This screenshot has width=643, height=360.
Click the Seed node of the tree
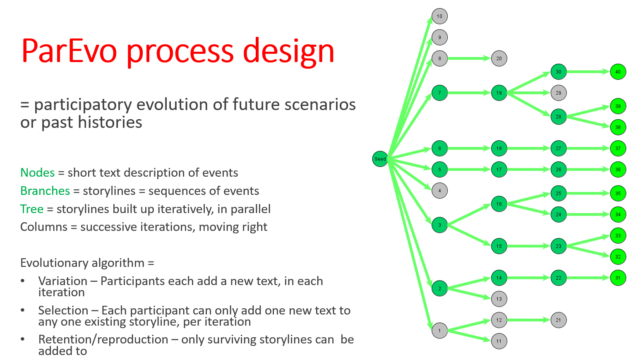(x=380, y=159)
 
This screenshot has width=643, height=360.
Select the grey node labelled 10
(x=439, y=17)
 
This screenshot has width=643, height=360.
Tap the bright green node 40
(x=618, y=72)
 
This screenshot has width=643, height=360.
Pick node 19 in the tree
(x=499, y=93)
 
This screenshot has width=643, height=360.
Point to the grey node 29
(x=558, y=93)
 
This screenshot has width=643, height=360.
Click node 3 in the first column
(x=439, y=225)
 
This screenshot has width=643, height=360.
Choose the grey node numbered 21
(x=558, y=320)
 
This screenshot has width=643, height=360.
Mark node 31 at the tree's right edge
(x=618, y=278)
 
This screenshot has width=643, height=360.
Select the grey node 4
(x=439, y=191)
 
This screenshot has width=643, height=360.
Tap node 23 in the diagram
(x=558, y=246)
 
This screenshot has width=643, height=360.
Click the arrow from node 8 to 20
(x=469, y=58)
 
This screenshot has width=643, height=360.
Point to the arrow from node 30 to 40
(x=588, y=72)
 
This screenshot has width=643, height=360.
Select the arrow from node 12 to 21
(x=528, y=320)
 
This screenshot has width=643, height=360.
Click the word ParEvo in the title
(x=69, y=51)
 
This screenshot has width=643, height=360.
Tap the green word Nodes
(x=38, y=173)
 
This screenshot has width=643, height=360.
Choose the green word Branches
(x=45, y=191)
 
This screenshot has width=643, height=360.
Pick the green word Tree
(x=32, y=209)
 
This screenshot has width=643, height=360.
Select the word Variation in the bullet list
(x=62, y=281)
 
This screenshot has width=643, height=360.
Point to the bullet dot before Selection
(x=23, y=310)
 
